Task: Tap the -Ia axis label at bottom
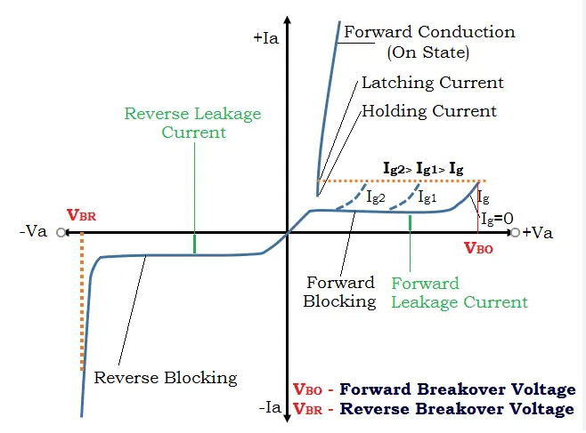[x=269, y=408]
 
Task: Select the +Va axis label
[x=539, y=233]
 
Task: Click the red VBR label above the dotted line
[x=81, y=215]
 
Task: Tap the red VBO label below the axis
[x=478, y=249]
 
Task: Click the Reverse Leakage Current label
[x=193, y=123]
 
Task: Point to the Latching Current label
[x=432, y=83]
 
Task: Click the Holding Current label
[x=428, y=112]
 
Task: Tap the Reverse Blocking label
[x=166, y=377]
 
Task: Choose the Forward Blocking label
[x=340, y=293]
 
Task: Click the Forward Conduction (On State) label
[x=417, y=42]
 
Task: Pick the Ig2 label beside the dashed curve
[x=376, y=197]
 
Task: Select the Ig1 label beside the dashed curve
[x=427, y=197]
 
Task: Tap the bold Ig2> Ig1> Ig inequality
[x=423, y=168]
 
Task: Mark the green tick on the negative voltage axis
[x=194, y=243]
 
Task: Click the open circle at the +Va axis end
[x=516, y=233]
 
